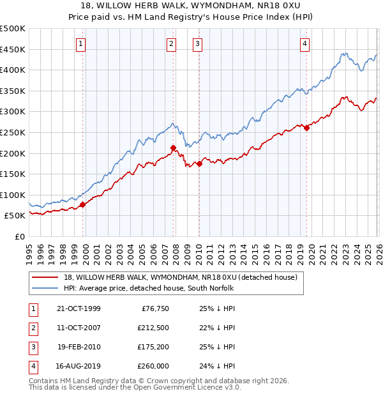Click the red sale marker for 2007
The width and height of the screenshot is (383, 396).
(173, 148)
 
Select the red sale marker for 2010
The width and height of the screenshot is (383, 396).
(199, 164)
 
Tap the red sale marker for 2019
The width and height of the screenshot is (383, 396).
(306, 128)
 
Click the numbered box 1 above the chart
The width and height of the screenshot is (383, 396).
(82, 43)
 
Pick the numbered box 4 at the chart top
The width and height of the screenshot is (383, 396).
(305, 43)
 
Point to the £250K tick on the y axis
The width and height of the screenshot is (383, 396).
(13, 132)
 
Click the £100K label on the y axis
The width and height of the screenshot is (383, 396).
(13, 195)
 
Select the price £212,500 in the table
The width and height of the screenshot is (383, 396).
(153, 328)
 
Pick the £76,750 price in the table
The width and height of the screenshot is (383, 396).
(155, 308)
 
